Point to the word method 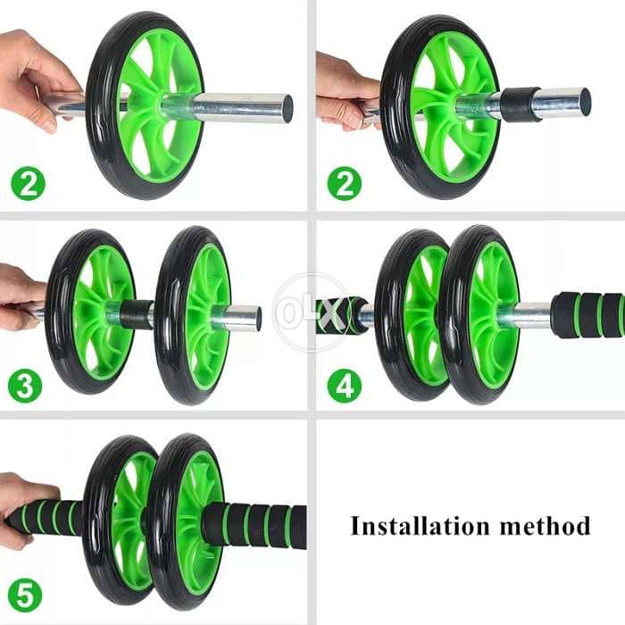point(542,525)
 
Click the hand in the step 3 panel point(18,295)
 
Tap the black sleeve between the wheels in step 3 point(137,314)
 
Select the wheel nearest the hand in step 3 point(89,312)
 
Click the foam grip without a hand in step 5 point(254,525)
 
